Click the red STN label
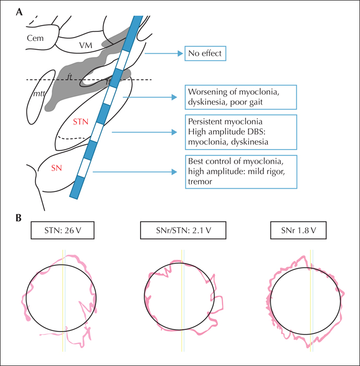tap(80, 122)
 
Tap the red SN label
tap(56, 168)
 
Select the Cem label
tap(35, 38)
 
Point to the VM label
tap(86, 45)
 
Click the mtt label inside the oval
tap(39, 94)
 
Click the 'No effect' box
tap(205, 53)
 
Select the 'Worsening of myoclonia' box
tap(241, 97)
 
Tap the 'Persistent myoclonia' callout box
tap(241, 132)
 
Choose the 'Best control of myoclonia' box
tap(241, 172)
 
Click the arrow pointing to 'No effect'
tap(164, 53)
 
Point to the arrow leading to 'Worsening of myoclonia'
tap(150, 97)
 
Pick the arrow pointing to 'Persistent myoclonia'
tap(145, 132)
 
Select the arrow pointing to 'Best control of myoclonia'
tap(135, 172)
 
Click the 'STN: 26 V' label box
tap(63, 231)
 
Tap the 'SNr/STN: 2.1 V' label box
tap(183, 231)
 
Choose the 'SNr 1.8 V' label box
tap(298, 231)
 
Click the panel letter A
tap(19, 12)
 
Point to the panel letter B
tap(19, 218)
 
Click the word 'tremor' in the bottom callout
tap(200, 181)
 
